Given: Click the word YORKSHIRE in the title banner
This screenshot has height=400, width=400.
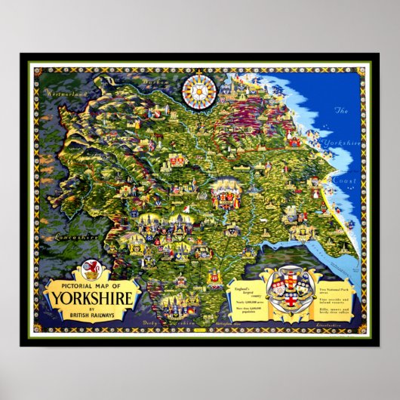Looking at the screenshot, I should (93, 297).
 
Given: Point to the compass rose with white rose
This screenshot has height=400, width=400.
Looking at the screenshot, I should (199, 91).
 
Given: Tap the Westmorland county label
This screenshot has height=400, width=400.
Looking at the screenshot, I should (66, 94).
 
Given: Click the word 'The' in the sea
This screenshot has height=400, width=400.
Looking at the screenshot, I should (341, 111).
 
